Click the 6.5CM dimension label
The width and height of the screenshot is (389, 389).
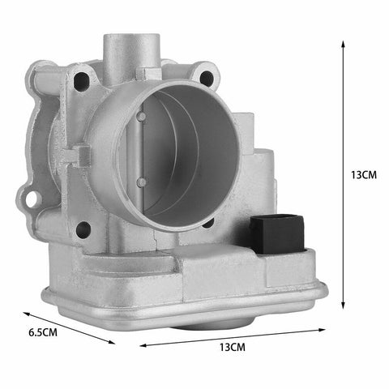(x=43, y=332)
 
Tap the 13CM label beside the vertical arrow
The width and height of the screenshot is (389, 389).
(x=364, y=175)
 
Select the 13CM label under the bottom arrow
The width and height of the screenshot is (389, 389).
(x=233, y=347)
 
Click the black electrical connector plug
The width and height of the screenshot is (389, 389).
(x=277, y=234)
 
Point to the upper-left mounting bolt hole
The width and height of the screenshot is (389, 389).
(x=81, y=81)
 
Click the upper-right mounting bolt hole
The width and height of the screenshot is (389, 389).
(x=207, y=78)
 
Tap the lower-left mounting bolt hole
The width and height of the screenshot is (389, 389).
(x=83, y=230)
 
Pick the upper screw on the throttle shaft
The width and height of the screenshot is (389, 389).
(x=141, y=117)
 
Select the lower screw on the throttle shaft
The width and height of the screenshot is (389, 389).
(x=141, y=182)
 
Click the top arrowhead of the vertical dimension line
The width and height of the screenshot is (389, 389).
(x=343, y=44)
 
